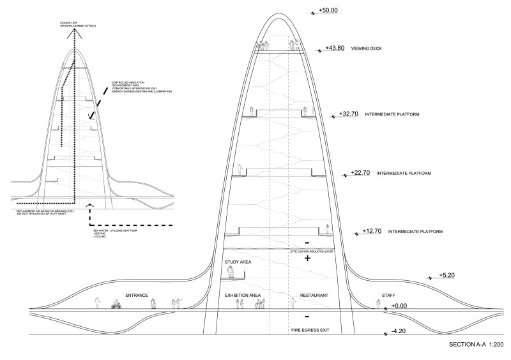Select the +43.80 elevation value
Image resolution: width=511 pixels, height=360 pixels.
335,48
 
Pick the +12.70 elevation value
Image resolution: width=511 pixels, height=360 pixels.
372,231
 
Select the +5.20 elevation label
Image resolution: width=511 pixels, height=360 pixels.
448,276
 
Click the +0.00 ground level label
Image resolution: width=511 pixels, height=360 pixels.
399,306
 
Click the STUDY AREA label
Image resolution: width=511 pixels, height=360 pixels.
236,262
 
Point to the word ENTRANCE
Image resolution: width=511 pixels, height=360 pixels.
137,296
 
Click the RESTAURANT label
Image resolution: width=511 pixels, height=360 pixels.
313,296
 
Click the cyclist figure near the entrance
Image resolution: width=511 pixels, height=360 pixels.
116,304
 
